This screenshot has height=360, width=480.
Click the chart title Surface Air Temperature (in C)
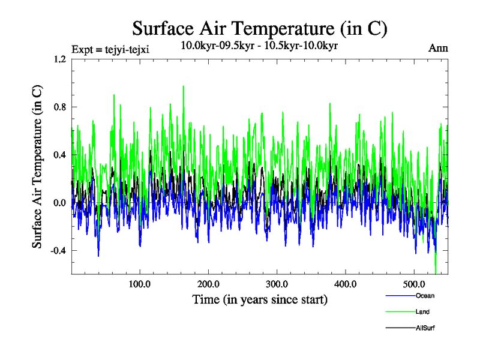(x=260, y=28)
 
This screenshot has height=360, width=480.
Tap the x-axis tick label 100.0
(x=139, y=284)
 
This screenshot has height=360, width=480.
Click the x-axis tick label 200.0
(x=208, y=284)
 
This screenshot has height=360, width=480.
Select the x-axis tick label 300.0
(x=277, y=284)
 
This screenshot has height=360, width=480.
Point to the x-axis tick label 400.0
(x=346, y=284)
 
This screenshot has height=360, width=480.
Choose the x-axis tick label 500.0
(x=414, y=284)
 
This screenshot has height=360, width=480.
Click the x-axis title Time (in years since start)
(x=260, y=299)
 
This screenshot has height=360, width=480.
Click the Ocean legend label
(x=425, y=296)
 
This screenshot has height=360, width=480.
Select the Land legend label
(x=422, y=312)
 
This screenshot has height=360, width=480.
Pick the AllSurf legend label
(x=425, y=328)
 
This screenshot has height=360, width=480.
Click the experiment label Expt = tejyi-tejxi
(x=110, y=49)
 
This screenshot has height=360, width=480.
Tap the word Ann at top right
(x=439, y=48)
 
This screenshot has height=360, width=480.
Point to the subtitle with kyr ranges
(x=259, y=46)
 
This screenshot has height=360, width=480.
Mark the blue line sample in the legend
(x=399, y=296)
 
